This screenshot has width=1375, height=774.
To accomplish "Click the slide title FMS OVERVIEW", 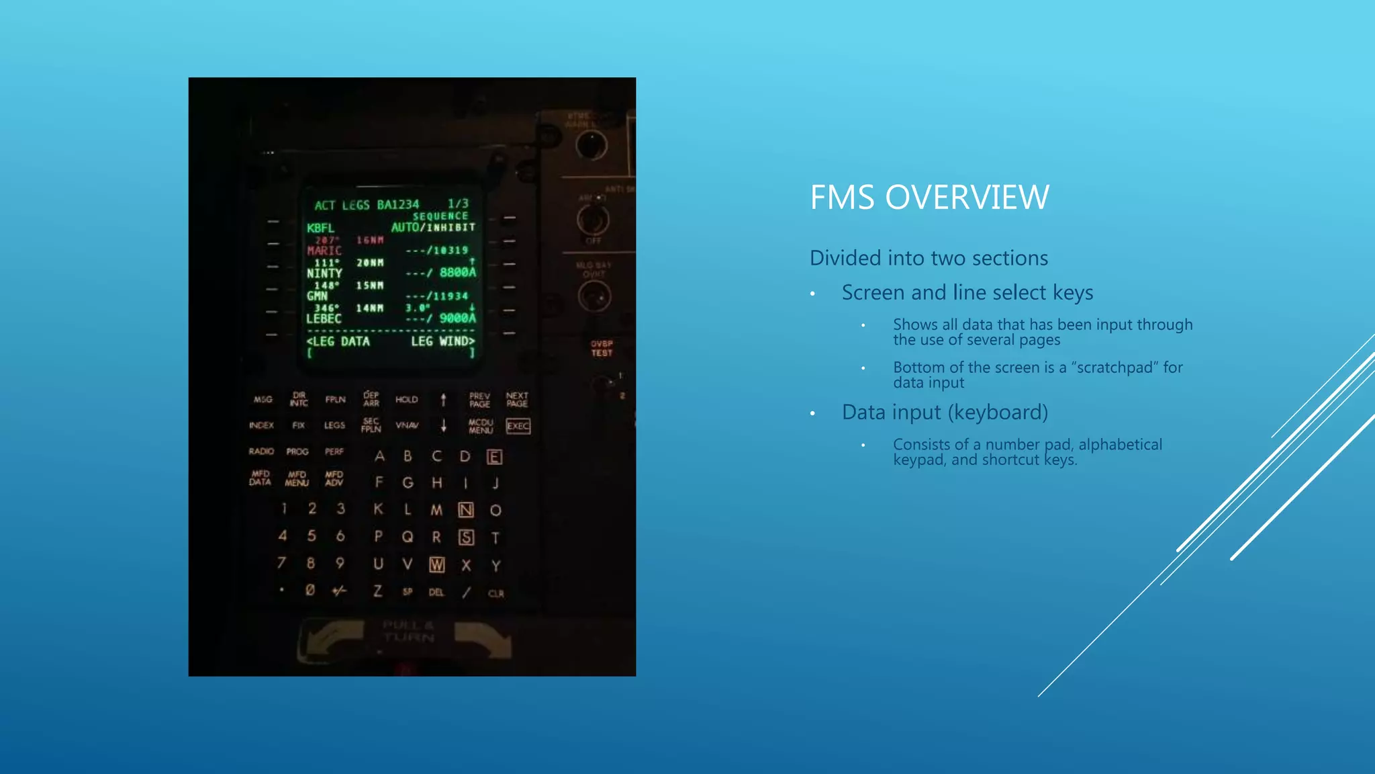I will (929, 198).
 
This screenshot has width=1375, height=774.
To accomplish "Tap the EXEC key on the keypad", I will (518, 426).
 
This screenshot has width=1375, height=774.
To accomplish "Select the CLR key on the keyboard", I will (495, 593).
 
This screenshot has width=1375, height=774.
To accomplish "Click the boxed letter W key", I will (437, 565).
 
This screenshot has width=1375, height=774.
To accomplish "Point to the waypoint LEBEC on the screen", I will (324, 318).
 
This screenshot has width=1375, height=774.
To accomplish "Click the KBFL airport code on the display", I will (320, 228).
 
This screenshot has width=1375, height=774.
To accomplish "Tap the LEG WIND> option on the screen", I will (443, 341).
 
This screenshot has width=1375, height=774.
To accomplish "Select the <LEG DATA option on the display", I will (338, 341).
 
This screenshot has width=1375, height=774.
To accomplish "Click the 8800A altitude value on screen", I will (457, 272).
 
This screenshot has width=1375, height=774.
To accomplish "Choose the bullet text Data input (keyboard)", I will (945, 412).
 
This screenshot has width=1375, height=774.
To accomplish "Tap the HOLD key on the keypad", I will (406, 400).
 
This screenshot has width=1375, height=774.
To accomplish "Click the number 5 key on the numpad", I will (312, 535).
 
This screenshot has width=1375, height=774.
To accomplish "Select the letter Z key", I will (378, 591).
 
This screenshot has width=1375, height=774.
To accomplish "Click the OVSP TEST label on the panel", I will (602, 348).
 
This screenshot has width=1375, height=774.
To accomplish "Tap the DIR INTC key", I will (299, 399).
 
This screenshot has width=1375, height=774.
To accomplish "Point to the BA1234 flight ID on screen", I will (397, 204).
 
